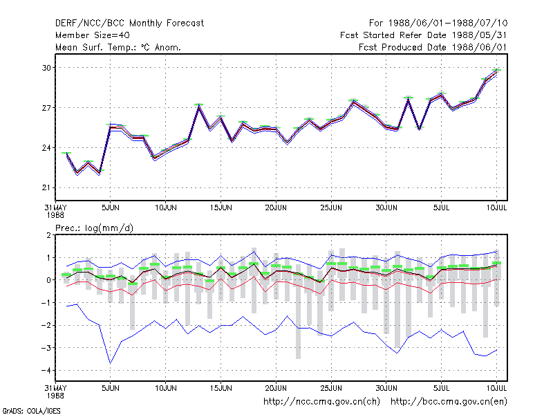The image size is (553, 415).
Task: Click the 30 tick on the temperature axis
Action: point(46,67)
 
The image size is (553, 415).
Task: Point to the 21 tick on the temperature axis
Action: point(46,187)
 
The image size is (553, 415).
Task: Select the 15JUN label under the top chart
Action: point(221,207)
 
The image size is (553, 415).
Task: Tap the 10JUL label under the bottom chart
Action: point(496,388)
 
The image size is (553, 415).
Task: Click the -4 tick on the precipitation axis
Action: point(46,371)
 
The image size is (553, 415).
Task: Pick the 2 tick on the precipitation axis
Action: point(48,235)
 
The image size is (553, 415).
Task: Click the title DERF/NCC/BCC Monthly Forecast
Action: point(129,24)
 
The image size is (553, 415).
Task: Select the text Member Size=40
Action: point(93,35)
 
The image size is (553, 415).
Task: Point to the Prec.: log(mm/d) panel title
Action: point(94,228)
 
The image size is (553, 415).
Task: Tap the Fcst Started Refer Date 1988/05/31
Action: point(424,35)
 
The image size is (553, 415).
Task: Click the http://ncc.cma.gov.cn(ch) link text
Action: point(321,402)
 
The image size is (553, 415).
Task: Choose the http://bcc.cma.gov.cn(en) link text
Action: point(449,402)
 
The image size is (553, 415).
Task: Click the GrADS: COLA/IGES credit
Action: point(31,411)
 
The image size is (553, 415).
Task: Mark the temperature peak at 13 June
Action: point(198,106)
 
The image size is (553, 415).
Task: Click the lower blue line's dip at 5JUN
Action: point(111,363)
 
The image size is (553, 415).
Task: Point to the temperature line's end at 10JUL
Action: point(496,71)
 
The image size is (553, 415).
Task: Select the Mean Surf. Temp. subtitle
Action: point(118,47)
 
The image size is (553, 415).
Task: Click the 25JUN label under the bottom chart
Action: point(331,388)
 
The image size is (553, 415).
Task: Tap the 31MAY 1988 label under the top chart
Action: point(56,211)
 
